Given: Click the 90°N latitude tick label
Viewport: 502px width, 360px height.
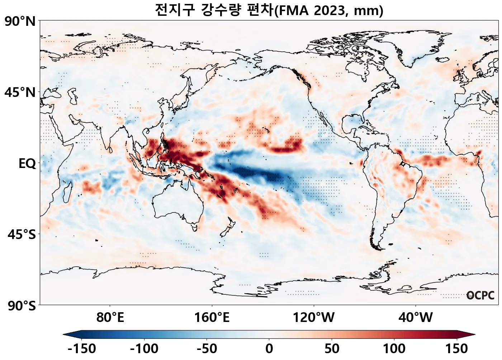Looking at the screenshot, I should point(20,22).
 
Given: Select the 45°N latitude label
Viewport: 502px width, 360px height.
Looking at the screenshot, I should point(20,93).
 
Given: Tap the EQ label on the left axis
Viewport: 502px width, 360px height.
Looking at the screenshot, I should point(27,164).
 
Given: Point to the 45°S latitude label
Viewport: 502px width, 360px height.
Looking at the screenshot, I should point(22,235).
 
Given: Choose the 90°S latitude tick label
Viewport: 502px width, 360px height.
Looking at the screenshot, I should point(20,306).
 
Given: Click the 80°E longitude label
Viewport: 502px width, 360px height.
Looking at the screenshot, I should point(110,318).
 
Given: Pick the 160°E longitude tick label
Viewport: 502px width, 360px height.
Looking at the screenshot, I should point(212,318).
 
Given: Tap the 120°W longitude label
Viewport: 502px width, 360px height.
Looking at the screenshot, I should point(314,318).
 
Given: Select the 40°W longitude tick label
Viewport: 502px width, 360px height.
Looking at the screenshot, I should point(416,318).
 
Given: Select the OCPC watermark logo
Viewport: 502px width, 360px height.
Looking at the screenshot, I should point(480,296).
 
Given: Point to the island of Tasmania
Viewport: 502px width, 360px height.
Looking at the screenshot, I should point(195,227).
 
